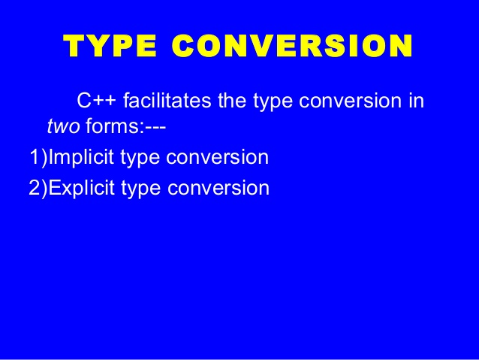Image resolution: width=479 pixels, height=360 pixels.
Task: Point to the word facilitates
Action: (165, 100)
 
